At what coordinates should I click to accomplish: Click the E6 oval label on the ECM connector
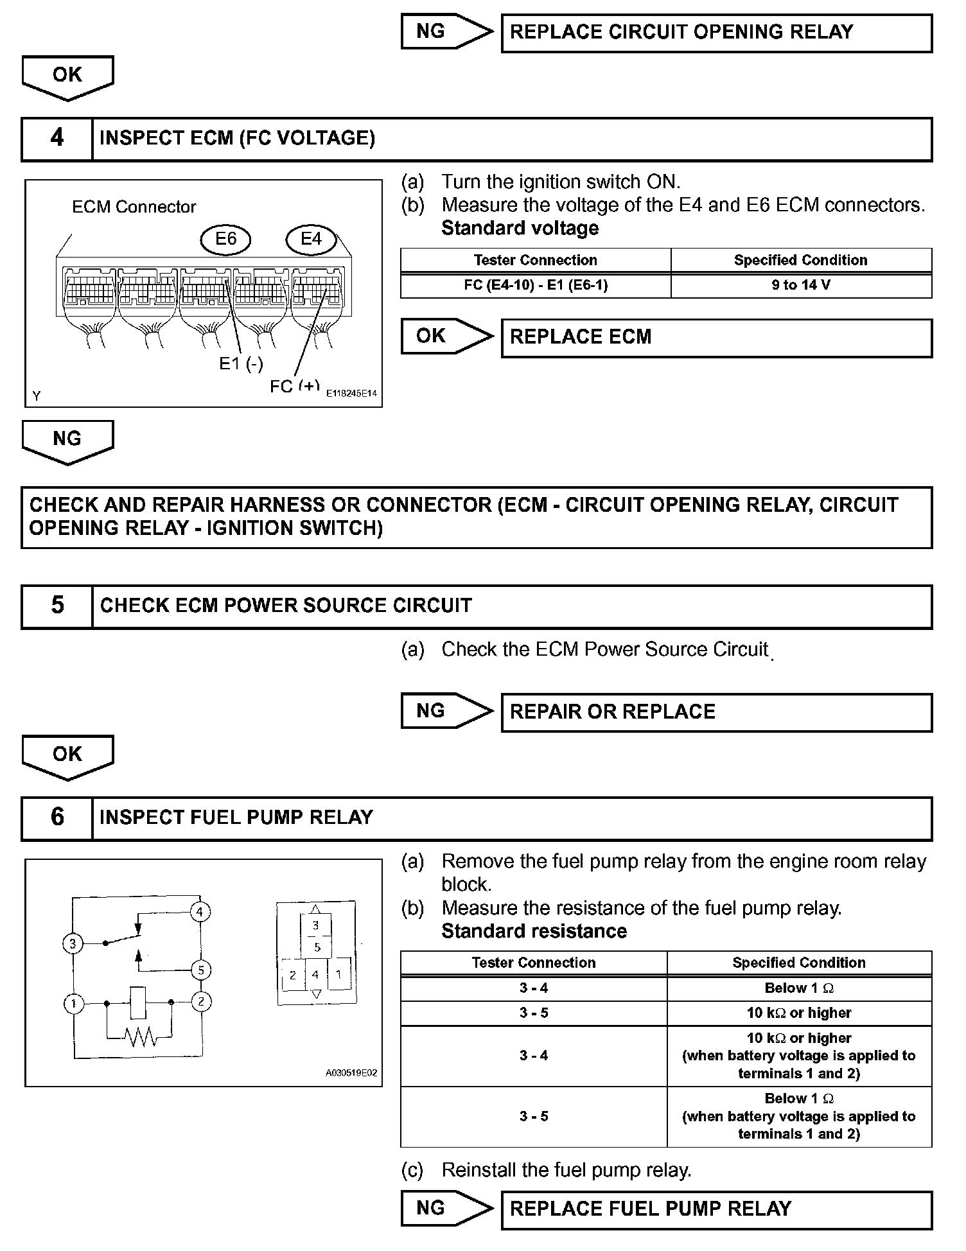(225, 239)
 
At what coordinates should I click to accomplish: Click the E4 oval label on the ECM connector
(311, 239)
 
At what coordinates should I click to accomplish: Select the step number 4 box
(57, 138)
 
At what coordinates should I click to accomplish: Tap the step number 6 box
(57, 818)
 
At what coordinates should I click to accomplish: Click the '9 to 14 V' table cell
(800, 285)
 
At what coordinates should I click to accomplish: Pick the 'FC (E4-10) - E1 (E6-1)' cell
(535, 285)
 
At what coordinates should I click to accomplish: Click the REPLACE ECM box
(716, 337)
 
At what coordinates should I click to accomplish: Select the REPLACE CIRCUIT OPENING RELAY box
(716, 32)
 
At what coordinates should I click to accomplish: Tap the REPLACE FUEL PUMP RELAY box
(716, 1209)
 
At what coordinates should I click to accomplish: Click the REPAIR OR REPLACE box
(716, 712)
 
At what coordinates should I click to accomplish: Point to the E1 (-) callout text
(241, 363)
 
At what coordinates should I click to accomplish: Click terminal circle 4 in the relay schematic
(200, 911)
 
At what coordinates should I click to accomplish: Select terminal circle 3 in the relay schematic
(73, 943)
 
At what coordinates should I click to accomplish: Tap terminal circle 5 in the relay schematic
(201, 970)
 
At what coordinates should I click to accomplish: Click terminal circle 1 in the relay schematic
(74, 1002)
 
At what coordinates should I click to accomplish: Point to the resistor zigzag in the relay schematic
(139, 1036)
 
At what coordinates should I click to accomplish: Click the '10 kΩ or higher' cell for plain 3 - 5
(798, 1013)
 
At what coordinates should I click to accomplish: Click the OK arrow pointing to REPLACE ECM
(446, 336)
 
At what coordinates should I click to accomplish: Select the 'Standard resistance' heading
(534, 931)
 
